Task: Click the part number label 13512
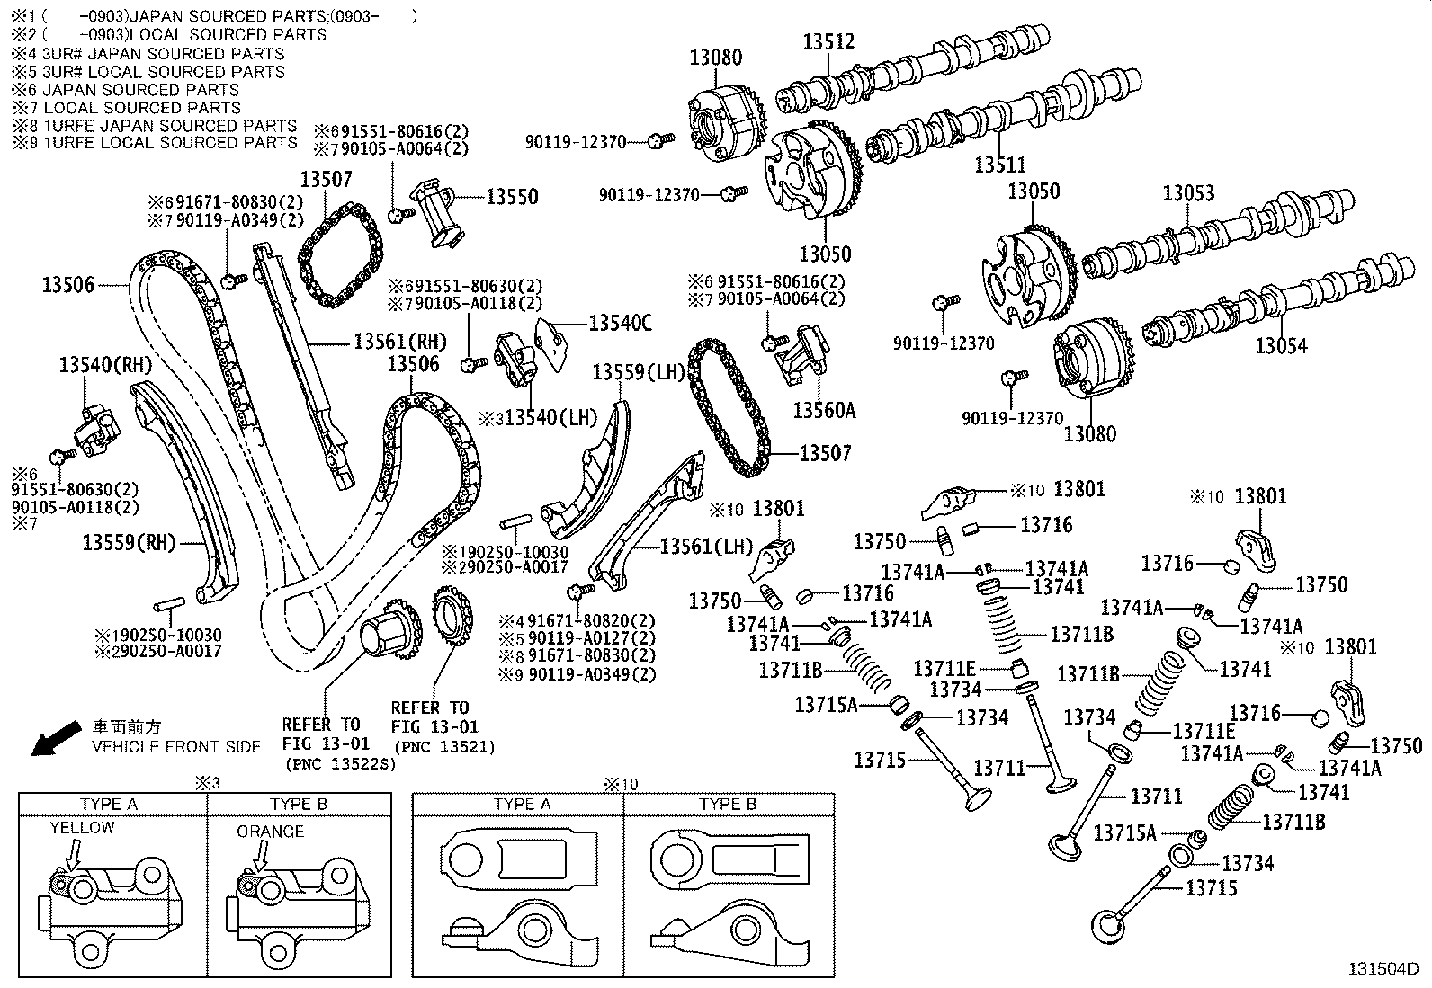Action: point(828,41)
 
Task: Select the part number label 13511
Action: point(1000,165)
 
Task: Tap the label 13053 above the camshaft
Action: point(1188,192)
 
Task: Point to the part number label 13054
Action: point(1281,346)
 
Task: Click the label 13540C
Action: point(620,323)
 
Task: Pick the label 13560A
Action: point(824,410)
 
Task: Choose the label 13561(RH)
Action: point(400,342)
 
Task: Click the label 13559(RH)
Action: point(129,543)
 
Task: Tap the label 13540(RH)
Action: point(105,365)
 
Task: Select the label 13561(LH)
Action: point(706,547)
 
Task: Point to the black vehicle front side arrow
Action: point(57,737)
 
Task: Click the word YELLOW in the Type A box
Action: point(83,828)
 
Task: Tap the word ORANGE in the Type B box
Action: point(271,832)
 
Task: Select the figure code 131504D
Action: point(1383,969)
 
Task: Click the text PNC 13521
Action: point(445,746)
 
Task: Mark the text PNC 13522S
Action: point(341,763)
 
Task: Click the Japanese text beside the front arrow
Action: point(127,726)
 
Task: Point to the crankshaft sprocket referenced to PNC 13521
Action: point(452,616)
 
